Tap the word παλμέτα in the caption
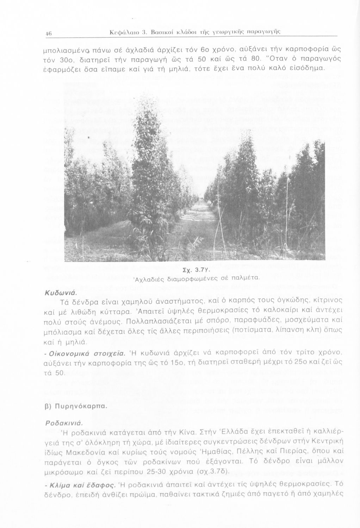tap(245, 278)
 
